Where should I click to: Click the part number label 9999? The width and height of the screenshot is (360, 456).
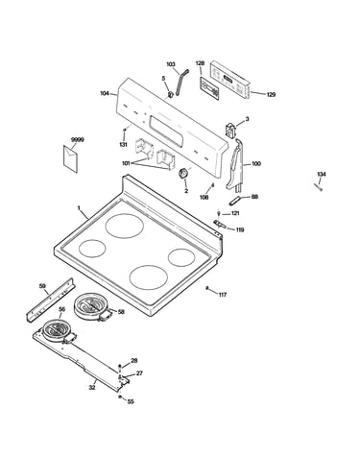(77, 140)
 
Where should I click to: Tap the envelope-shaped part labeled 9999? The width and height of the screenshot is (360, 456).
(70, 158)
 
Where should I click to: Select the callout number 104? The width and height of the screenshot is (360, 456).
(105, 93)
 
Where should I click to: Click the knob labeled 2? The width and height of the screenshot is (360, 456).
(183, 174)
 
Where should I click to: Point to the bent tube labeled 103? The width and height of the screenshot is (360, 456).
(180, 83)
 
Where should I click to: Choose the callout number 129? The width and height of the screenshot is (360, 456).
(271, 95)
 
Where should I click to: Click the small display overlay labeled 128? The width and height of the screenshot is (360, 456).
(210, 88)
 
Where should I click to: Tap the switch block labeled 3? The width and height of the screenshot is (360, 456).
(230, 130)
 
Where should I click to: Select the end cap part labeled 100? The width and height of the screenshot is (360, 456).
(235, 165)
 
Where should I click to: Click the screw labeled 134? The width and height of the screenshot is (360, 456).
(318, 187)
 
